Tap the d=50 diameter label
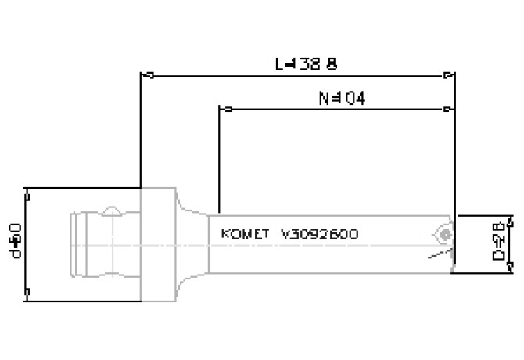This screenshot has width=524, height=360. tap(13, 243)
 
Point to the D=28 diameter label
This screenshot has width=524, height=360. tap(497, 243)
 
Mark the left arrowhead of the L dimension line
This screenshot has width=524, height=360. tap(145, 76)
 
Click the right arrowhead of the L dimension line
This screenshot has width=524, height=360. tap(448, 76)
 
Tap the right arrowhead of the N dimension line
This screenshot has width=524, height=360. tap(448, 109)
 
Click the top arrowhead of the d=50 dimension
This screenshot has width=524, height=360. tap(27, 193)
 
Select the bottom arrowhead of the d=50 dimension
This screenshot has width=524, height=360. tap(27, 293)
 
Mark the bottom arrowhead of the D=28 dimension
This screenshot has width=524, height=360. tap(511, 268)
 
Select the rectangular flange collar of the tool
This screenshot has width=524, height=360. tap(156, 243)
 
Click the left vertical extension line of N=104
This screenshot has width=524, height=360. tap(220, 157)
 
